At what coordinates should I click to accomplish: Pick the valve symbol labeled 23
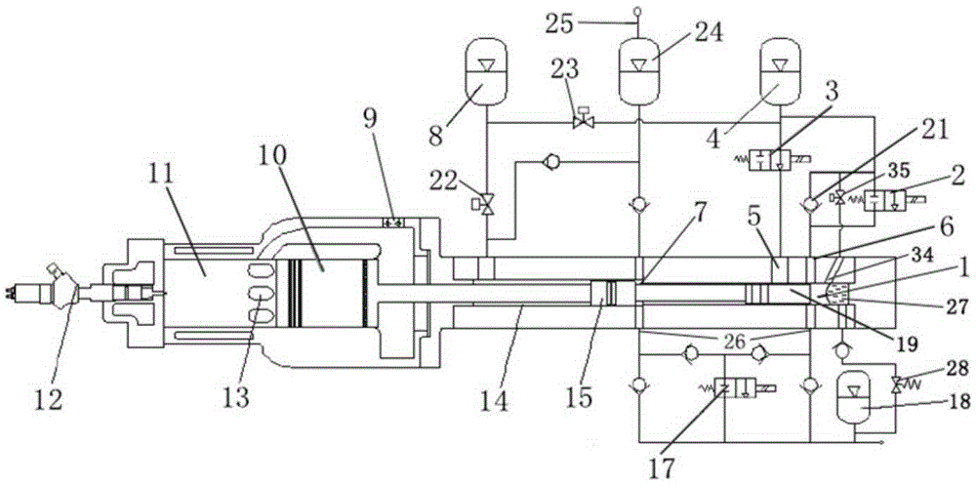pos(584,119)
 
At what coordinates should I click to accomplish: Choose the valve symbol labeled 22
pos(486,203)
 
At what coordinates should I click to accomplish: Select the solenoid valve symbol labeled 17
pos(736,389)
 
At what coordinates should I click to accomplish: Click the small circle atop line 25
pos(637,11)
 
